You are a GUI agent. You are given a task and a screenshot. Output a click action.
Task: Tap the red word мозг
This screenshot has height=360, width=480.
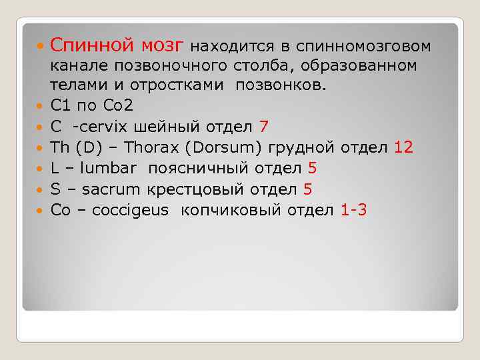coord(162,45)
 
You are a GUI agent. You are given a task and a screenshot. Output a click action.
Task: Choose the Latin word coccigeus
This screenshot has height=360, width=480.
coord(131,211)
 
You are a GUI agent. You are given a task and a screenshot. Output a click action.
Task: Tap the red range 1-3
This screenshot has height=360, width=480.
coord(353,210)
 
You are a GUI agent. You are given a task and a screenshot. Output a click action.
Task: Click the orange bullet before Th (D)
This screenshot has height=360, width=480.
coord(41,149)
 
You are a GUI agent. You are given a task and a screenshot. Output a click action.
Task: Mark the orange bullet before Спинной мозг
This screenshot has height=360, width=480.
coord(41,47)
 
